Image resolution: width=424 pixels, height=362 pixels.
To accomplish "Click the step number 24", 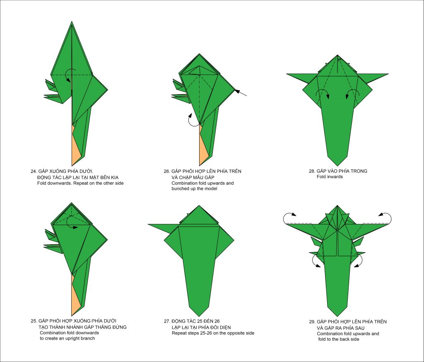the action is pyautogui.click(x=34, y=171).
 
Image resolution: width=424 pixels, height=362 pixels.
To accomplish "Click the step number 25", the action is pyautogui.click(x=34, y=321).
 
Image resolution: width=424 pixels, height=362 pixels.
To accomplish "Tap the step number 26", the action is pyautogui.click(x=166, y=171).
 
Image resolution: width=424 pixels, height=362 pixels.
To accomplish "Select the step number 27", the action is pyautogui.click(x=166, y=321).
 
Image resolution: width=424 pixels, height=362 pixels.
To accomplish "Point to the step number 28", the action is pyautogui.click(x=312, y=171).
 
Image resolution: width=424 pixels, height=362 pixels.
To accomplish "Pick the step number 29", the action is pyautogui.click(x=312, y=322).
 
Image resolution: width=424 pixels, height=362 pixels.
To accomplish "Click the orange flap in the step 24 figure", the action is pyautogui.click(x=76, y=146).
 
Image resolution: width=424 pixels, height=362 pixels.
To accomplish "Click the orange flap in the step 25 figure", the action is pyautogui.click(x=76, y=295).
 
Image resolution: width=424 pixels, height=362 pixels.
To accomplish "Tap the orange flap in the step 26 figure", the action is pyautogui.click(x=203, y=146).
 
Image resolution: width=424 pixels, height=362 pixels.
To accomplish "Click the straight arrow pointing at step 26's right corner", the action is pyautogui.click(x=240, y=92).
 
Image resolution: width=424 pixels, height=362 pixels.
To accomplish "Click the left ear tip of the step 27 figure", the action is pyautogui.click(x=148, y=224).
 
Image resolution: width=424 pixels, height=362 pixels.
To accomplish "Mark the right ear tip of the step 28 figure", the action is pyautogui.click(x=388, y=74).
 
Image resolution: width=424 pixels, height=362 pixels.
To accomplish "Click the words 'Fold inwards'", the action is pyautogui.click(x=330, y=177).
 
